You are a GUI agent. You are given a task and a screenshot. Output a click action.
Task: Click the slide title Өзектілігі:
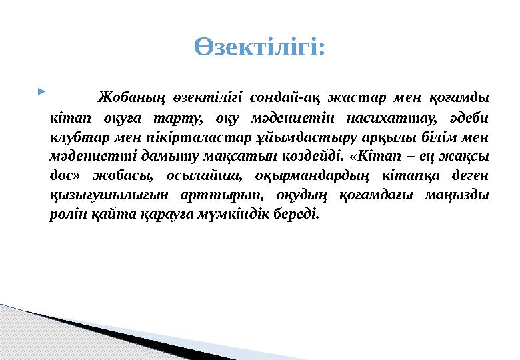point(260,47)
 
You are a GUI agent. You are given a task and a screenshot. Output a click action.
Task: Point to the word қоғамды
point(459,98)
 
